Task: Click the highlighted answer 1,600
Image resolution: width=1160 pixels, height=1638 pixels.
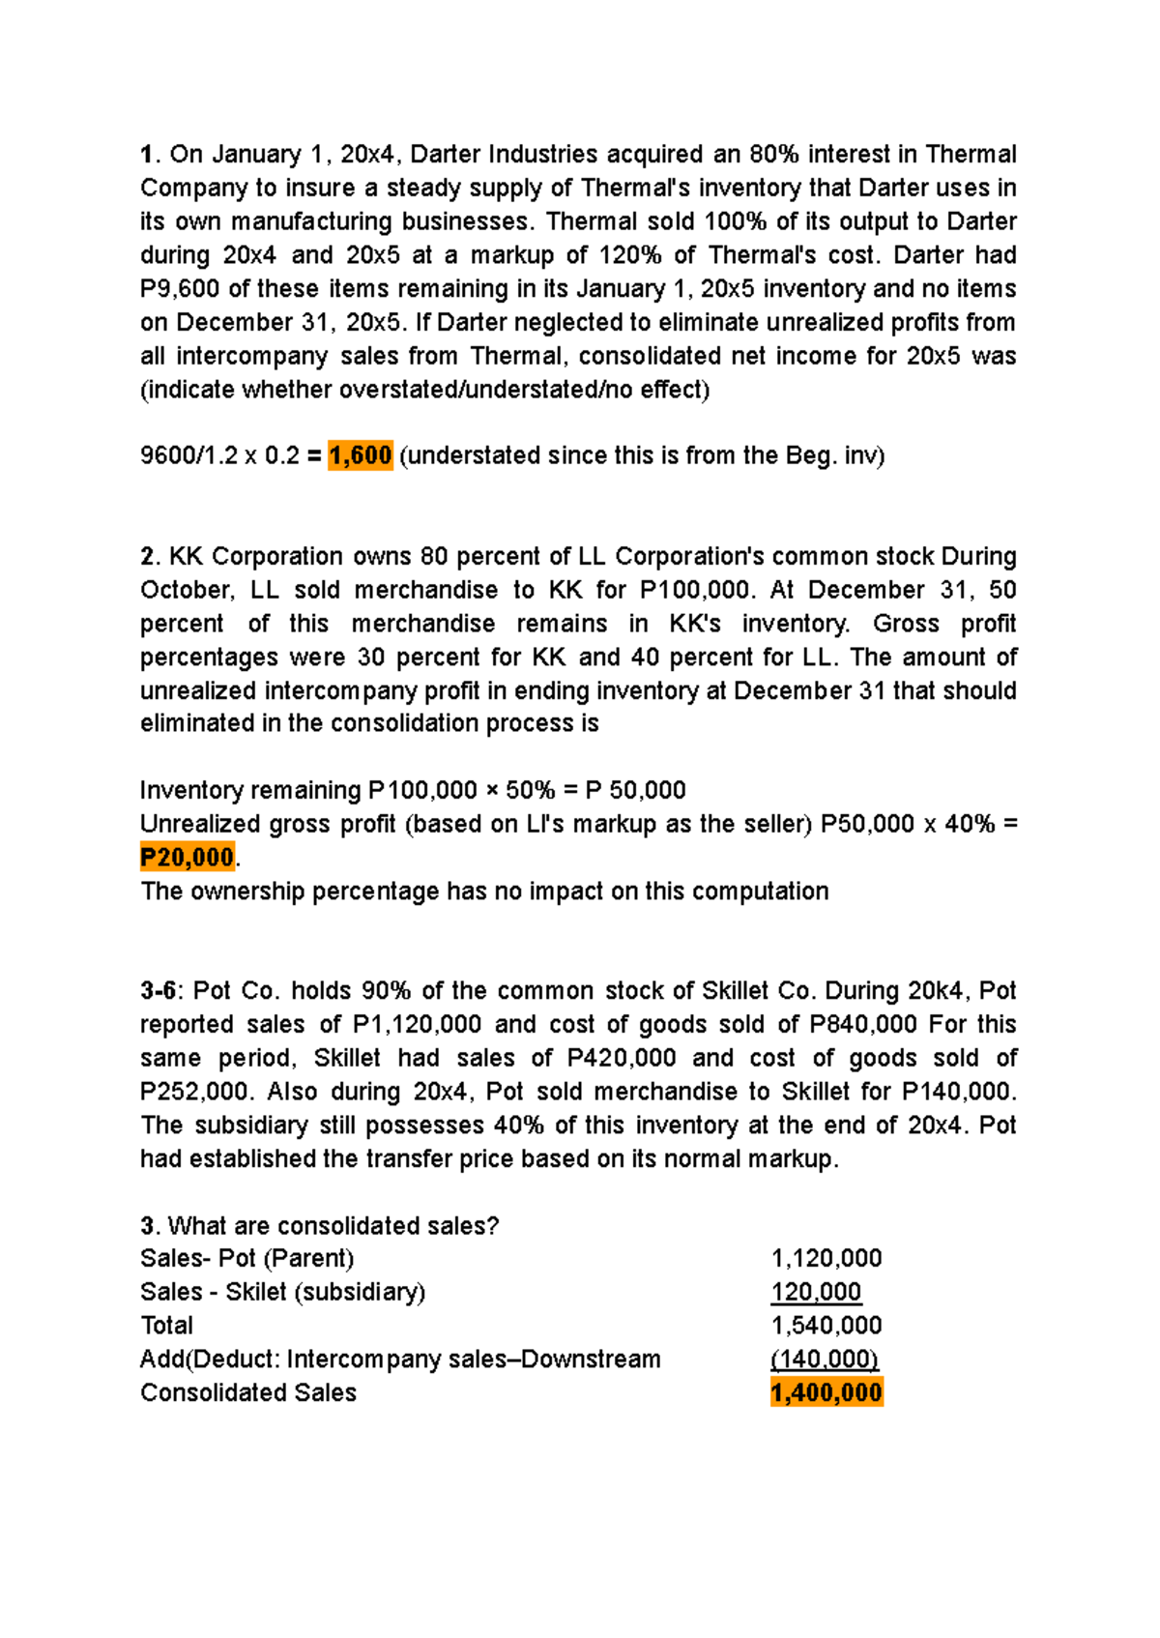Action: coord(360,455)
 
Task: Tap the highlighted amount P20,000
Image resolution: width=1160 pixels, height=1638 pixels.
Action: coord(188,858)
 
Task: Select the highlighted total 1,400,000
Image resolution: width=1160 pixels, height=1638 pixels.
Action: coord(826,1392)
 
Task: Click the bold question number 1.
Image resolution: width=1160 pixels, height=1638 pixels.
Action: coord(147,155)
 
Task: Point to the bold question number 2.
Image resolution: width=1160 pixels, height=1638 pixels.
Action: coord(148,557)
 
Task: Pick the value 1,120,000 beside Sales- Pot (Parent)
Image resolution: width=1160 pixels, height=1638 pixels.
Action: coord(826,1258)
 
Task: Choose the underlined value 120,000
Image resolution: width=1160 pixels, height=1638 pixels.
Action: coord(816,1292)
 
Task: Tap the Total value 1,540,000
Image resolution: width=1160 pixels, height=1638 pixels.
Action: coord(826,1326)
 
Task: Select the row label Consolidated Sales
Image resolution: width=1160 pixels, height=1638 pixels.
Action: coord(248,1392)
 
